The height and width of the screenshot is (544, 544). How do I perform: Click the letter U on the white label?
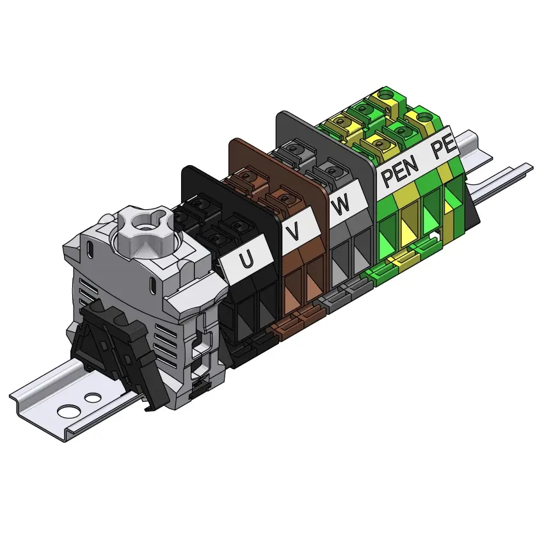pyautogui.click(x=246, y=259)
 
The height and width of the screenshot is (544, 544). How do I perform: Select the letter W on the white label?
pyautogui.click(x=340, y=205)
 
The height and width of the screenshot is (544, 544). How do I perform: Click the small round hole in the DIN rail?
pyautogui.click(x=93, y=398)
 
